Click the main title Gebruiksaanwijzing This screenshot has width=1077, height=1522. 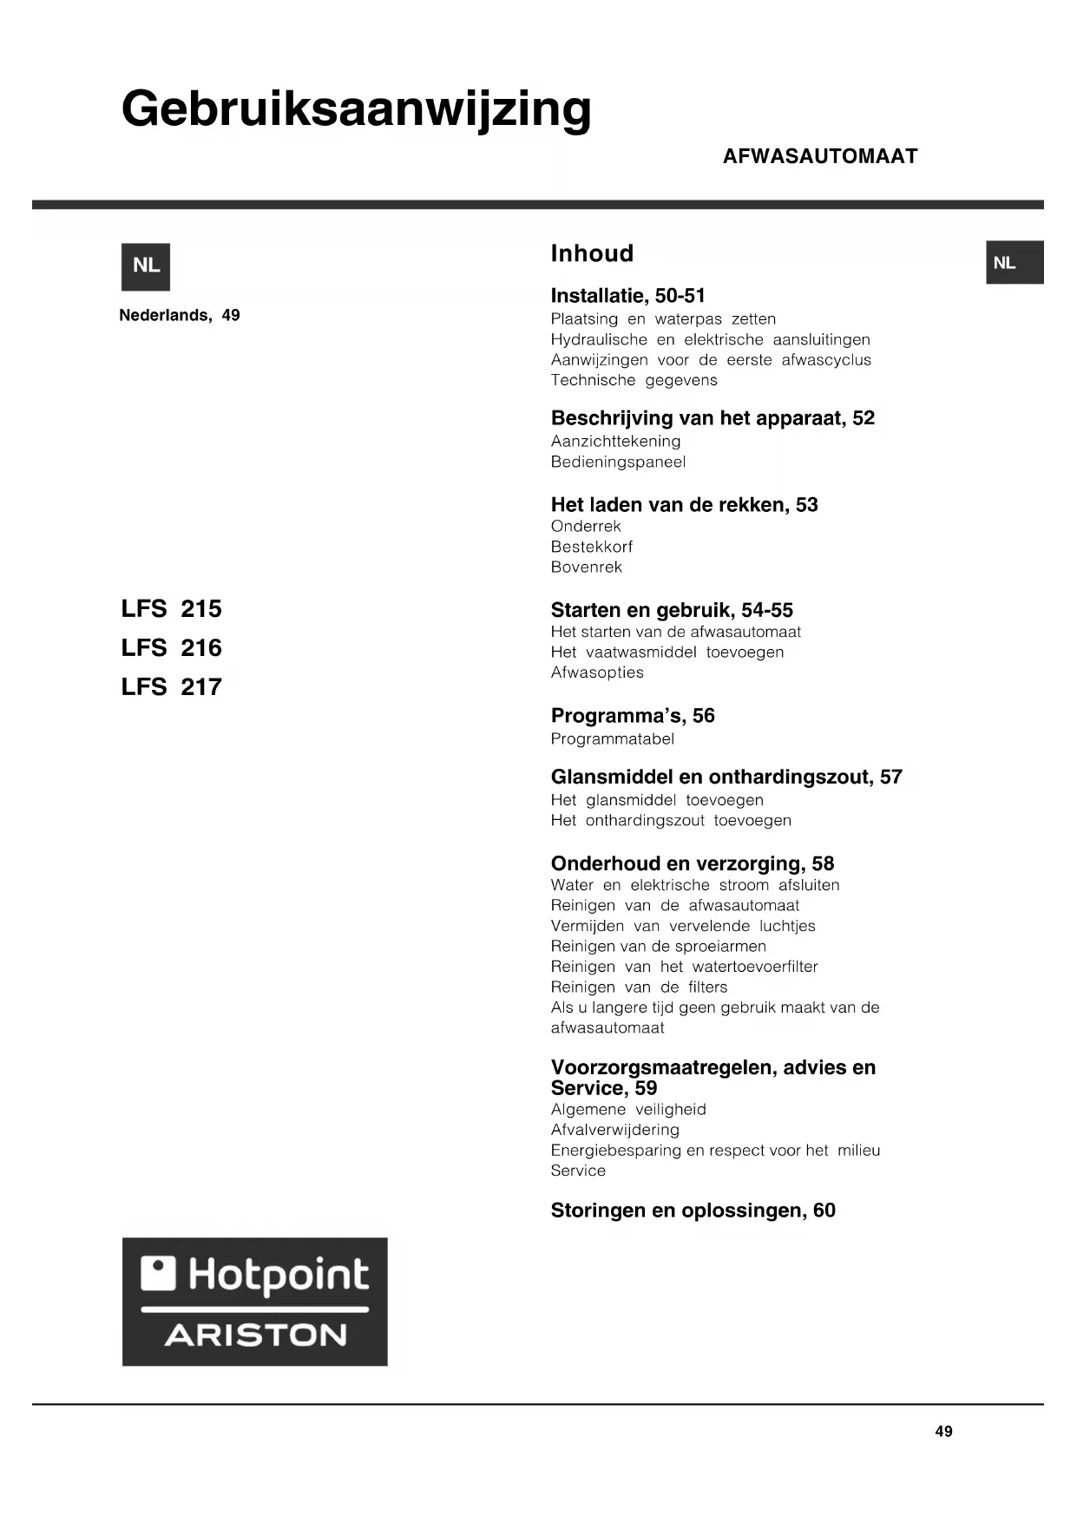pyautogui.click(x=356, y=110)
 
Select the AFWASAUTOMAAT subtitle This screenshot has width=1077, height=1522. pyautogui.click(x=819, y=156)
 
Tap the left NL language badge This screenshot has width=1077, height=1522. pyautogui.click(x=146, y=266)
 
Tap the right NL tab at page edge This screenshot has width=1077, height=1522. pyautogui.click(x=1014, y=263)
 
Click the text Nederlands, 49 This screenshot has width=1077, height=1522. pyautogui.click(x=179, y=316)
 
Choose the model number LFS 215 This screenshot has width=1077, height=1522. pyautogui.click(x=172, y=609)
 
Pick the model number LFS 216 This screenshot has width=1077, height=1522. pyautogui.click(x=172, y=648)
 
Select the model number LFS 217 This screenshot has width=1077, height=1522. pyautogui.click(x=172, y=687)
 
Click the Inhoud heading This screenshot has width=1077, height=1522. pyautogui.click(x=592, y=253)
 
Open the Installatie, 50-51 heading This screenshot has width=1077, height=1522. pyautogui.click(x=627, y=296)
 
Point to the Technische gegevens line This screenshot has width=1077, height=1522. pyautogui.click(x=634, y=380)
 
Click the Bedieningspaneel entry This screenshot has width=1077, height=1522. pyautogui.click(x=618, y=462)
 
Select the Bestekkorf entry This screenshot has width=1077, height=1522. pyautogui.click(x=591, y=547)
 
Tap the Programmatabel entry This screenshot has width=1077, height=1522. pyautogui.click(x=612, y=739)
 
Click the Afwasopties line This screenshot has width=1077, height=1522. pyautogui.click(x=597, y=672)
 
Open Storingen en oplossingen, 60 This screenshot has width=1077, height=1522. pyautogui.click(x=693, y=1210)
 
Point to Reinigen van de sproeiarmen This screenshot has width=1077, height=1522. pyautogui.click(x=658, y=946)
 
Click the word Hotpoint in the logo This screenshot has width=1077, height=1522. pyautogui.click(x=278, y=1275)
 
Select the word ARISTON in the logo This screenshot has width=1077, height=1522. pyautogui.click(x=256, y=1335)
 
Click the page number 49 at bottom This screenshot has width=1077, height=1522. pyautogui.click(x=943, y=1432)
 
